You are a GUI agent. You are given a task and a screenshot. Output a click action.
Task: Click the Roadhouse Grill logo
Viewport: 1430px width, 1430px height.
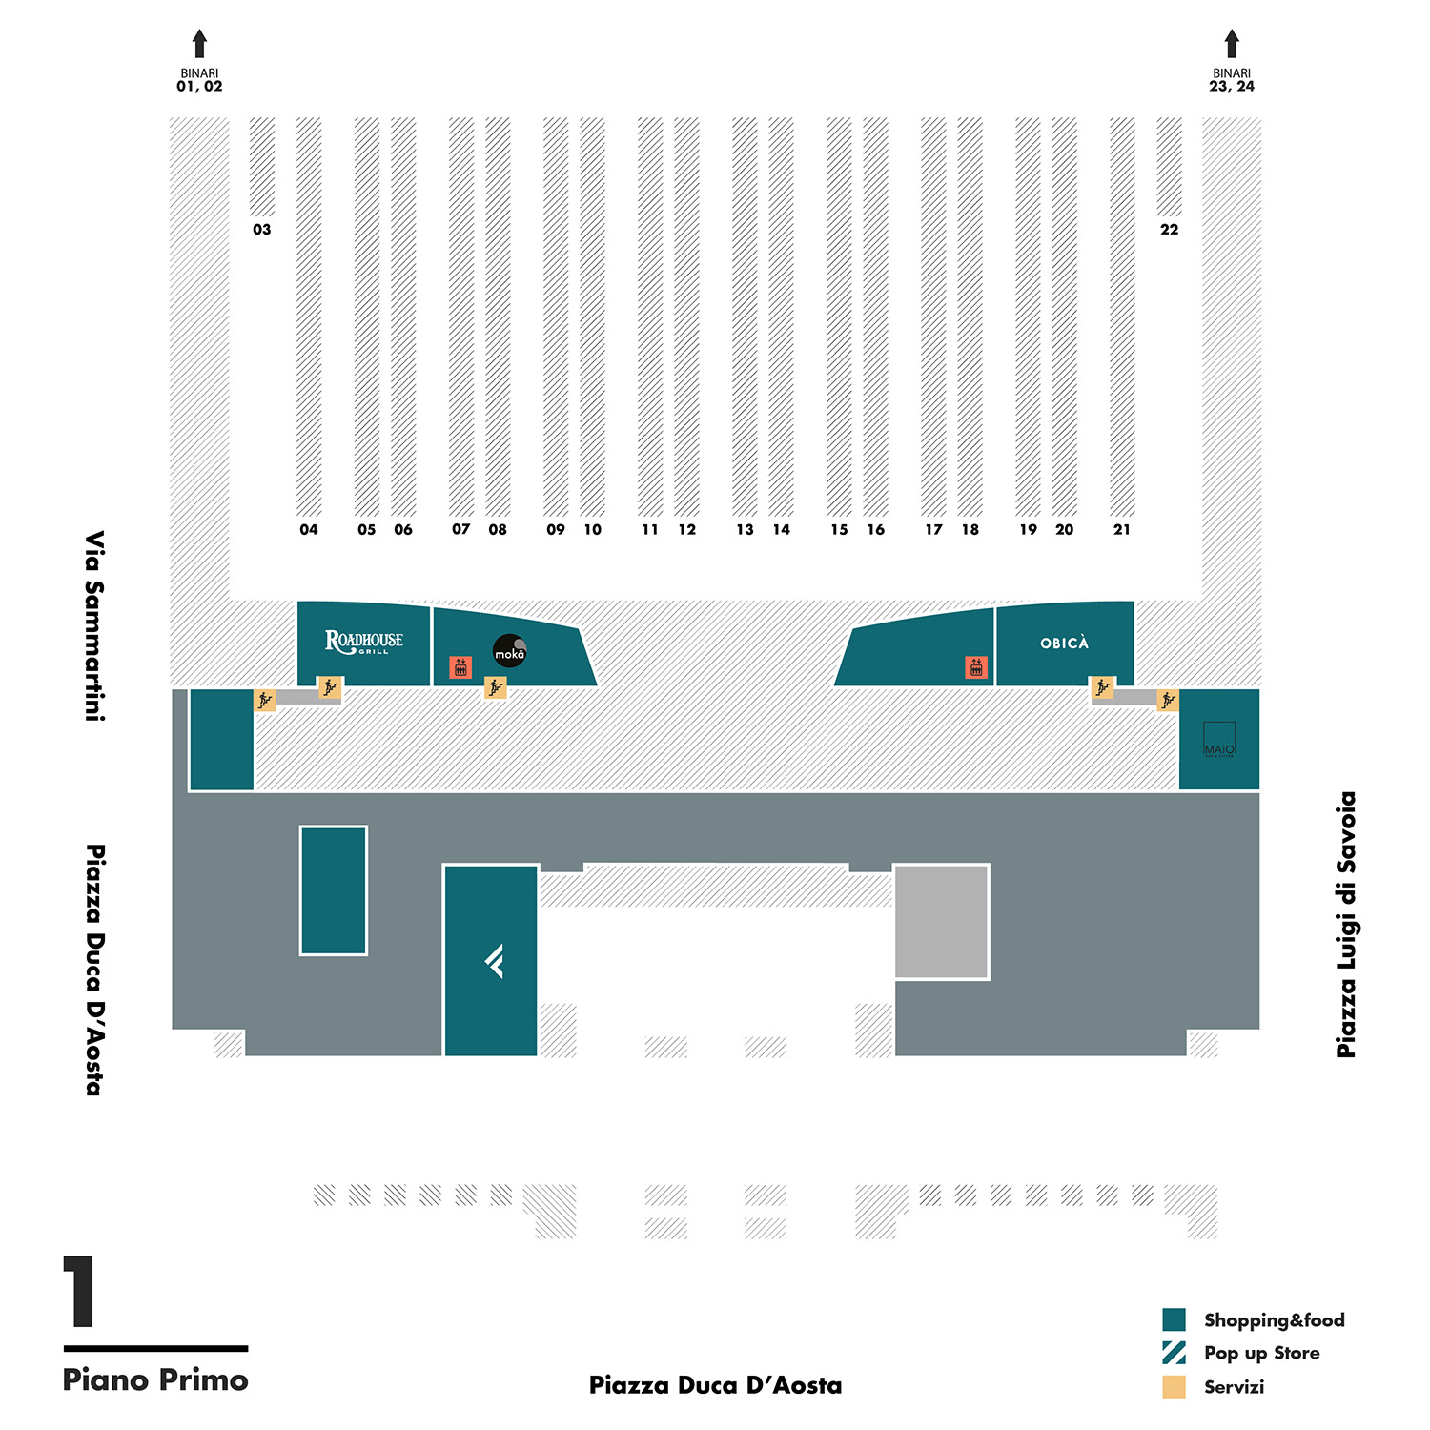[x=363, y=642]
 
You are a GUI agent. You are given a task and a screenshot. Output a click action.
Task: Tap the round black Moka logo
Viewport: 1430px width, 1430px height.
[x=509, y=650]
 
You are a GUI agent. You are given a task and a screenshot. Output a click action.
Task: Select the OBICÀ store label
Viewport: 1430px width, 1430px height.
[x=1064, y=643]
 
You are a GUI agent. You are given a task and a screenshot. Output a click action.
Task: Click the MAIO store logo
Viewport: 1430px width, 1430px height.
[x=1219, y=739]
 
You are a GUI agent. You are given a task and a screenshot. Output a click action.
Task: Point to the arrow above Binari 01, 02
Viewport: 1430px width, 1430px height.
[x=199, y=44]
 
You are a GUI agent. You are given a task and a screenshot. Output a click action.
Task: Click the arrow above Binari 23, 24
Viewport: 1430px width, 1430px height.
[x=1232, y=44]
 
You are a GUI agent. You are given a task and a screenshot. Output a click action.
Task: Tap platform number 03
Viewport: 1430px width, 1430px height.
[x=262, y=230]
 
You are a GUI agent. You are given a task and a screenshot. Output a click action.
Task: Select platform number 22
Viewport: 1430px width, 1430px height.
[x=1170, y=230]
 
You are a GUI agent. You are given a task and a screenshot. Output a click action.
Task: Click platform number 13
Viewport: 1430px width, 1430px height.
[x=745, y=530]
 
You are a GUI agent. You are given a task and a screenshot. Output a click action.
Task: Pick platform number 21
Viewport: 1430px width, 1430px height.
[x=1122, y=530]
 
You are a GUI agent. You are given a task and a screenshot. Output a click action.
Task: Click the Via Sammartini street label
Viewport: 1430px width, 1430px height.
[x=93, y=625]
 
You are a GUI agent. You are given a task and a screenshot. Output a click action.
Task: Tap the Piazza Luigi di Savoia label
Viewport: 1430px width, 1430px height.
[x=1346, y=925]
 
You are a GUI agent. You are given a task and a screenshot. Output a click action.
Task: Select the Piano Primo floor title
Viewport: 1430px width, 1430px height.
[x=155, y=1379]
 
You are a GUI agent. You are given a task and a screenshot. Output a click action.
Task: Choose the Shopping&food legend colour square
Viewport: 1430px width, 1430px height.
[x=1174, y=1319]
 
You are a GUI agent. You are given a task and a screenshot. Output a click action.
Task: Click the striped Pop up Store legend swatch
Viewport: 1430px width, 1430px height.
[x=1174, y=1353]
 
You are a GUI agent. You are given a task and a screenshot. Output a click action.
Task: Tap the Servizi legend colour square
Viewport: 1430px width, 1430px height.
[x=1174, y=1386]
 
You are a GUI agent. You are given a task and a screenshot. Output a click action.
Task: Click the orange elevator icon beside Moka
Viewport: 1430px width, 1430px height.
[x=460, y=667]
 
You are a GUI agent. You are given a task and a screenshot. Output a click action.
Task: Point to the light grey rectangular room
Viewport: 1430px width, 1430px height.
[x=941, y=922]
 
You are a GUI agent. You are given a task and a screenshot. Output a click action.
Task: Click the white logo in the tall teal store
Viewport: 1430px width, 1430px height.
[x=494, y=961]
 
